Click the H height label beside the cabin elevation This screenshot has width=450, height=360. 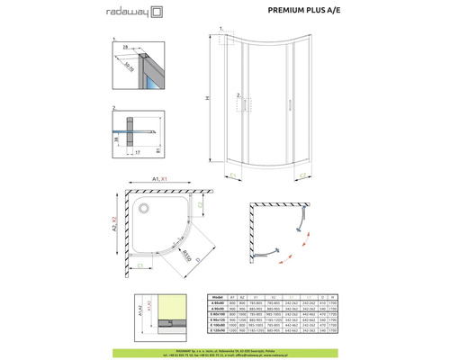[210, 99]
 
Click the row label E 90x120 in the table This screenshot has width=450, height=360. [215, 318]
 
